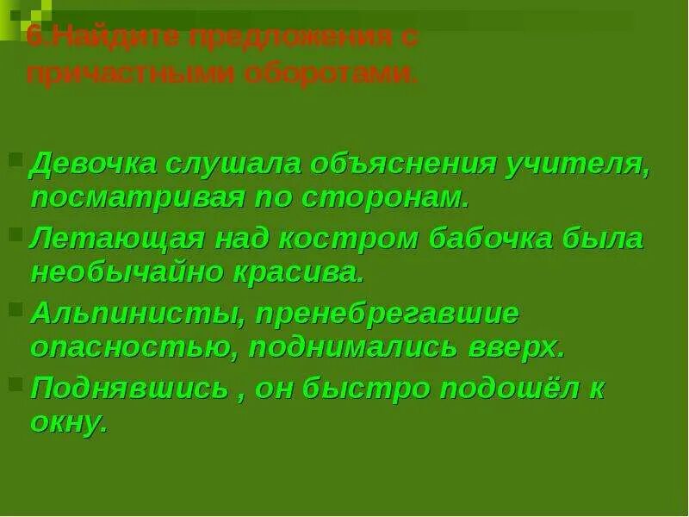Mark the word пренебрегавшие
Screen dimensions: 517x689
tap(385, 313)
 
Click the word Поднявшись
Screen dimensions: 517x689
tap(128, 388)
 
